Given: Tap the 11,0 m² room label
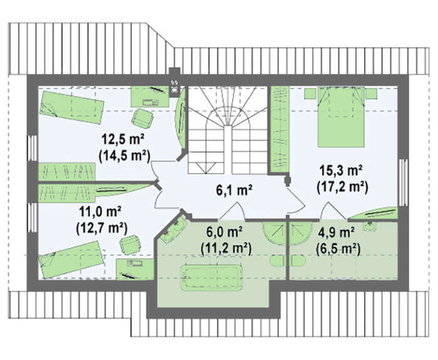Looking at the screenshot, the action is coord(99,211).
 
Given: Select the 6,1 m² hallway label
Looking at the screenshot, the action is coord(234,190).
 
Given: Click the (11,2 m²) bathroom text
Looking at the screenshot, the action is coord(226,248).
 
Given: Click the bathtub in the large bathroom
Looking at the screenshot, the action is coord(211,277).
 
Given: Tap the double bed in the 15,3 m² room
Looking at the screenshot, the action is coord(341,117).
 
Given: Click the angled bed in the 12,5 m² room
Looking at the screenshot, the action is coord(71,107).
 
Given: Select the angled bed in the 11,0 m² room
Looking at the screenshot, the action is coord(72,259).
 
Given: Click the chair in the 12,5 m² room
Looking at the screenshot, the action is coord(143,118).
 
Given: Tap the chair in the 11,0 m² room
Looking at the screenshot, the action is coord(130,244).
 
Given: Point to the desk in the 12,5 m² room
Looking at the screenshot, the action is coord(150,96).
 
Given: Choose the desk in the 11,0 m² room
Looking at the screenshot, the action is coord(135,269).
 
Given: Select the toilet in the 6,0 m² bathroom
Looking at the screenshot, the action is coord(277,261).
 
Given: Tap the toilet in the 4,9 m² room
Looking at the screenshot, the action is coord(298,261).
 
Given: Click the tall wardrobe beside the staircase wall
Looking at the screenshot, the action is coord(280,128).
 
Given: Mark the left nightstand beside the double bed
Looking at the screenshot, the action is coord(310,94).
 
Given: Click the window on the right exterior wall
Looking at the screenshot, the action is coord(403,182).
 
